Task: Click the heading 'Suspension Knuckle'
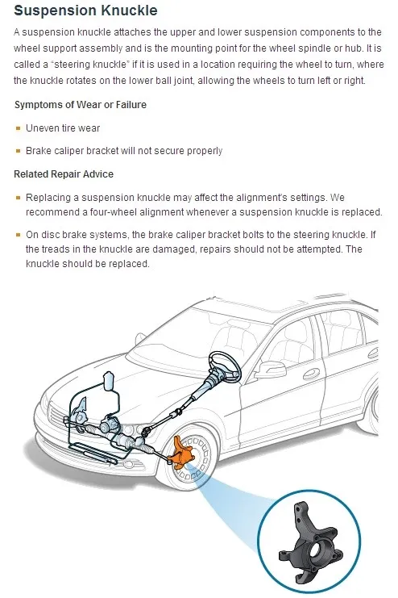pos(85,10)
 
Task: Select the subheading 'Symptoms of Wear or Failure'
pos(81,104)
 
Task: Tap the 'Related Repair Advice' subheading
pos(64,174)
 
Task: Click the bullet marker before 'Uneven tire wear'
pos(18,128)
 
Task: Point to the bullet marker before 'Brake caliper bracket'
pos(18,151)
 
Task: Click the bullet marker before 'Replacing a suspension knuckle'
pos(18,198)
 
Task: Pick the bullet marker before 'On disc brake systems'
pos(18,235)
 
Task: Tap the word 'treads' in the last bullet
pos(53,249)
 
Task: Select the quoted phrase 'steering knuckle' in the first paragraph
pos(89,65)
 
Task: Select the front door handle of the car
pos(312,374)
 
